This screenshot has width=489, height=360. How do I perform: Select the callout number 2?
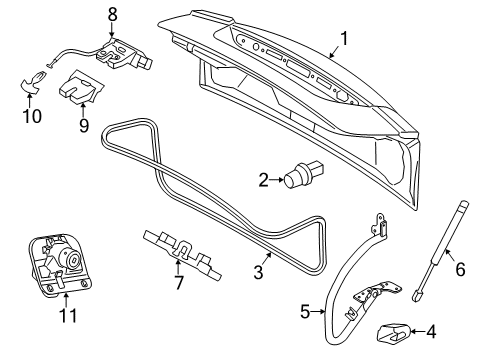point(263,180)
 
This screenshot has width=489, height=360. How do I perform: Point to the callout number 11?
point(67,316)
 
